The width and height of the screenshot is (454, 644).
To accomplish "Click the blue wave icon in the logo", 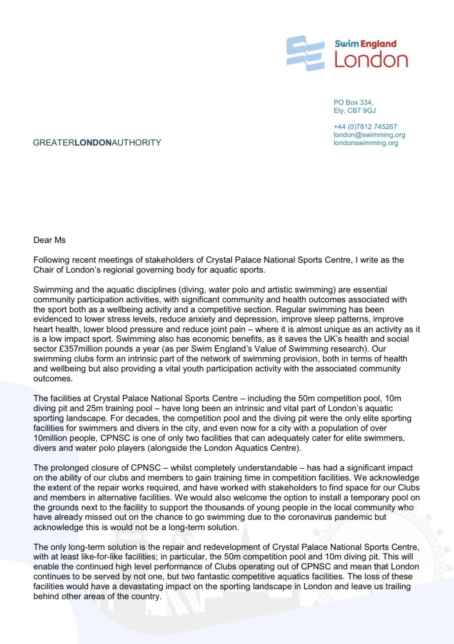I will click(x=305, y=53).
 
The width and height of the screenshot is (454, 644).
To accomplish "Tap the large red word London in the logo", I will click(x=371, y=60).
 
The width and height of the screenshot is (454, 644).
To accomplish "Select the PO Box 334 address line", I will click(x=353, y=102).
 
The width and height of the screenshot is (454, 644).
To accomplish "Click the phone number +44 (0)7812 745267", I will click(x=365, y=126).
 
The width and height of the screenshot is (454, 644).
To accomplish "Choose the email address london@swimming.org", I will click(x=369, y=134).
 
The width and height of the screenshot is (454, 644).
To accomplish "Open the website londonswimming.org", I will click(x=366, y=143).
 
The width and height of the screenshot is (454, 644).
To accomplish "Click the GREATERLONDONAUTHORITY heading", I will click(x=97, y=142).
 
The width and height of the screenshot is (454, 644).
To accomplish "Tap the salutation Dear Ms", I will click(x=49, y=240).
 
